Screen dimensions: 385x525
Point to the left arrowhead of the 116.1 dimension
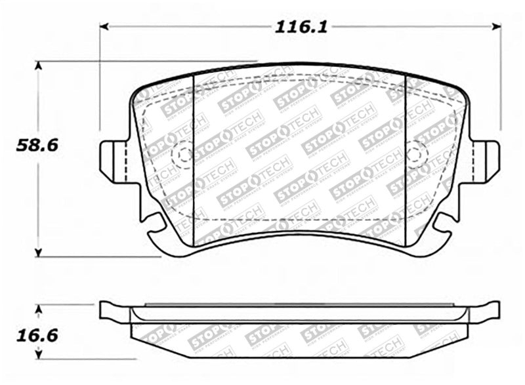(104, 27)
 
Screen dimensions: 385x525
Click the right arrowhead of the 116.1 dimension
(496, 27)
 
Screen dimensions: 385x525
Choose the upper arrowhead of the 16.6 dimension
(39, 308)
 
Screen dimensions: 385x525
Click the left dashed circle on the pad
(181, 155)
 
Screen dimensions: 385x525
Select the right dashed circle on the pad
(417, 155)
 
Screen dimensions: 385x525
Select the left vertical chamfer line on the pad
(194, 157)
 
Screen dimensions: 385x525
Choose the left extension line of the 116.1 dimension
(100, 79)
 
